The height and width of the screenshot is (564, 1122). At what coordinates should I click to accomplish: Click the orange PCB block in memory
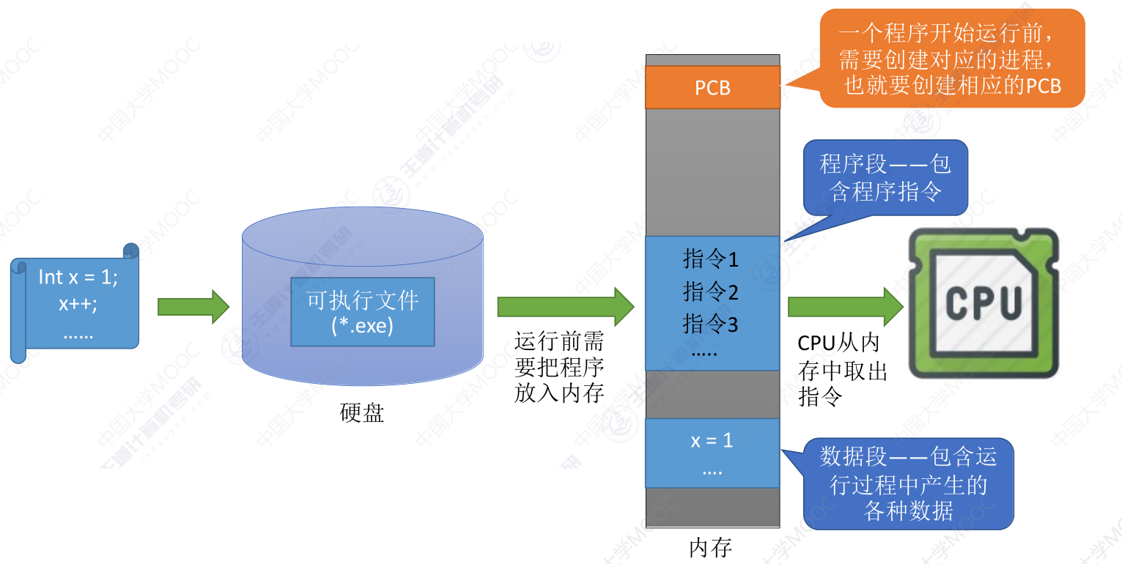click(712, 88)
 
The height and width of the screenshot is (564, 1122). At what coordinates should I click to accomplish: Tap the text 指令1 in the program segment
click(711, 259)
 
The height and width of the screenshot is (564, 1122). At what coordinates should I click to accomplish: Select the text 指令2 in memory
click(711, 292)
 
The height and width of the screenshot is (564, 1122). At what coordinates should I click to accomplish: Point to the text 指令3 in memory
click(711, 324)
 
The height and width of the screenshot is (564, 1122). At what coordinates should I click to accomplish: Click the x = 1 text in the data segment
click(712, 441)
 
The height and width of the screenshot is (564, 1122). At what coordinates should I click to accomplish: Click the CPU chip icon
click(983, 302)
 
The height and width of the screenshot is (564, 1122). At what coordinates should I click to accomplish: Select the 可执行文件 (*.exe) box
click(362, 311)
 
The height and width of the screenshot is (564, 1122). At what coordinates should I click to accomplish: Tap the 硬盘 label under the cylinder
click(362, 413)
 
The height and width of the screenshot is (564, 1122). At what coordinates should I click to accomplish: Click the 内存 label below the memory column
click(711, 548)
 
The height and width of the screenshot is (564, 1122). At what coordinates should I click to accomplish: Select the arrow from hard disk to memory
click(565, 306)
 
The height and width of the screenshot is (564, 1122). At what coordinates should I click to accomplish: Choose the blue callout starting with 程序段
click(885, 177)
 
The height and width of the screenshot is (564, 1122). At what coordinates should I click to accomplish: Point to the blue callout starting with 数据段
click(909, 483)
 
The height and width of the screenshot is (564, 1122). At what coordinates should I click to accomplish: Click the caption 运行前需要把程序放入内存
click(559, 368)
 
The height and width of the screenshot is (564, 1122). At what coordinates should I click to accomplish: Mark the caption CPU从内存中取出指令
click(842, 370)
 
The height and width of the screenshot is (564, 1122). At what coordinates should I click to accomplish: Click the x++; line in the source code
click(78, 304)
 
